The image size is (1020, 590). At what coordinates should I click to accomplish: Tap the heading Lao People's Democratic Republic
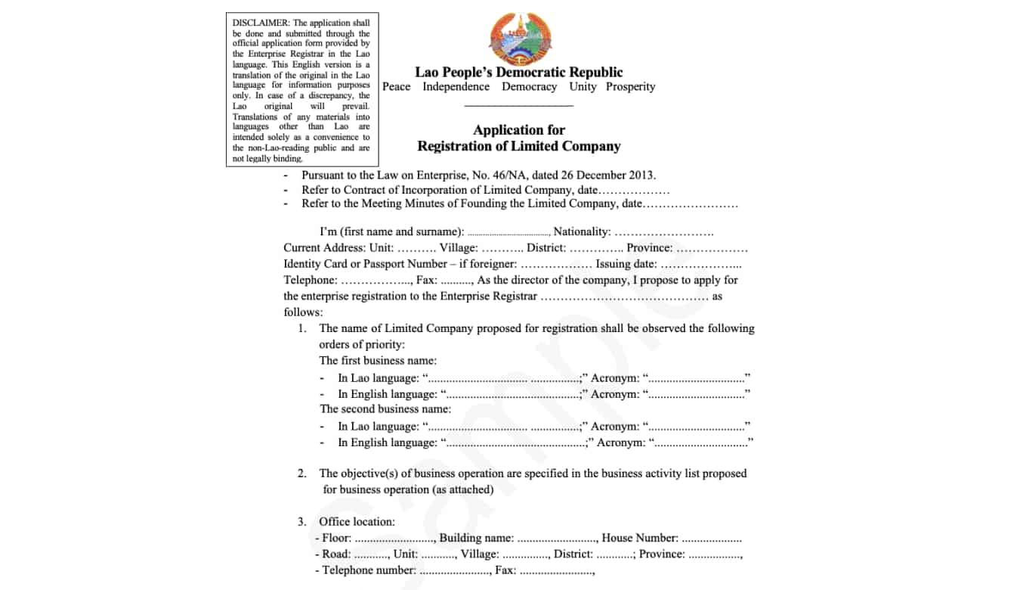(518, 73)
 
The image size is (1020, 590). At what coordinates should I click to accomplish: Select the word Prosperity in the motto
(630, 87)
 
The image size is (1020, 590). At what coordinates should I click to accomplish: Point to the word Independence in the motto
(456, 87)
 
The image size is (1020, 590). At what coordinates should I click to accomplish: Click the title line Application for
(518, 130)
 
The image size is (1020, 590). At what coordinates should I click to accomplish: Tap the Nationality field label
(581, 231)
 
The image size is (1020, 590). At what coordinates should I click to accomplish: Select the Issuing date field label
(626, 264)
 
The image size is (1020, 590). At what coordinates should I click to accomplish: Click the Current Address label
(324, 248)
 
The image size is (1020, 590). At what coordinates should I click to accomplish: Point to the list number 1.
(301, 328)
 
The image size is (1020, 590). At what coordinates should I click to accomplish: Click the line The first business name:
(378, 361)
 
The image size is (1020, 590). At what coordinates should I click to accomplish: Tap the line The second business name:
(385, 409)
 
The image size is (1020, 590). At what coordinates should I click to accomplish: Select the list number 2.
(301, 474)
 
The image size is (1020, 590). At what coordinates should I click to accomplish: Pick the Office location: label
(357, 522)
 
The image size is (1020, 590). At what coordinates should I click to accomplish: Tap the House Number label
(639, 538)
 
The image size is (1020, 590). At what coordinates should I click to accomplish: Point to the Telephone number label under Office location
(369, 570)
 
